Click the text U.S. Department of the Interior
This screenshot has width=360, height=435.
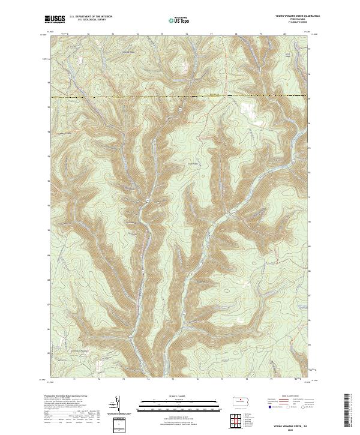[x=91, y=17]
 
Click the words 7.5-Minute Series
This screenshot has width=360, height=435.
[x=294, y=23]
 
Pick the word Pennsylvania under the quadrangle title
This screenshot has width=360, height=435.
[x=294, y=20]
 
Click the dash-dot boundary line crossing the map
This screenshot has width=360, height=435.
[x=180, y=96]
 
